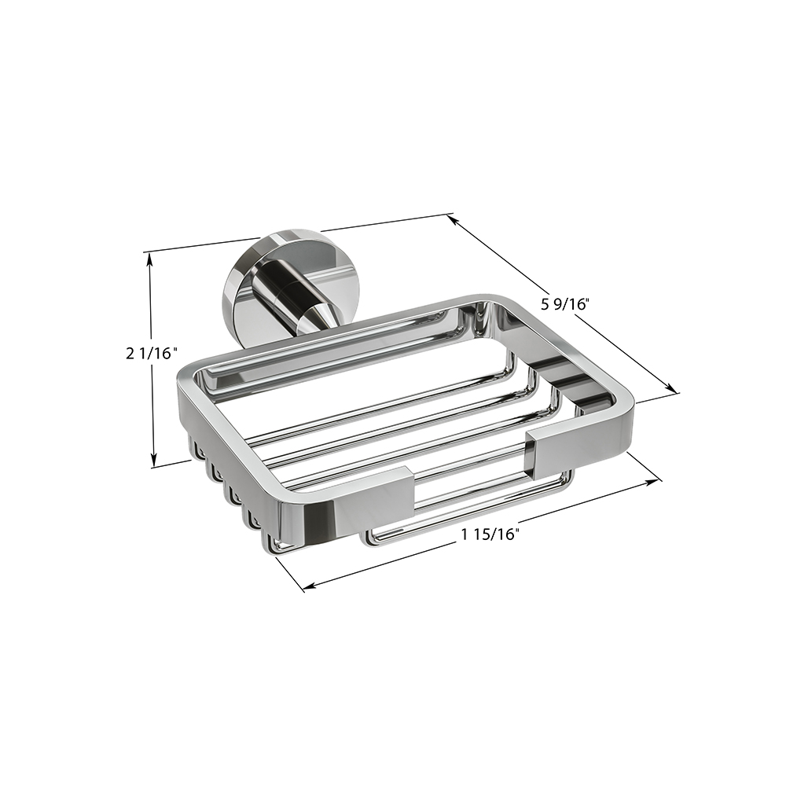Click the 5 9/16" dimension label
pos(564,303)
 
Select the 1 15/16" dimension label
pos(489,534)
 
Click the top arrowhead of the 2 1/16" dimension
pos(149,259)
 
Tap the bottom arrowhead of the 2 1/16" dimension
pos(154,460)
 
